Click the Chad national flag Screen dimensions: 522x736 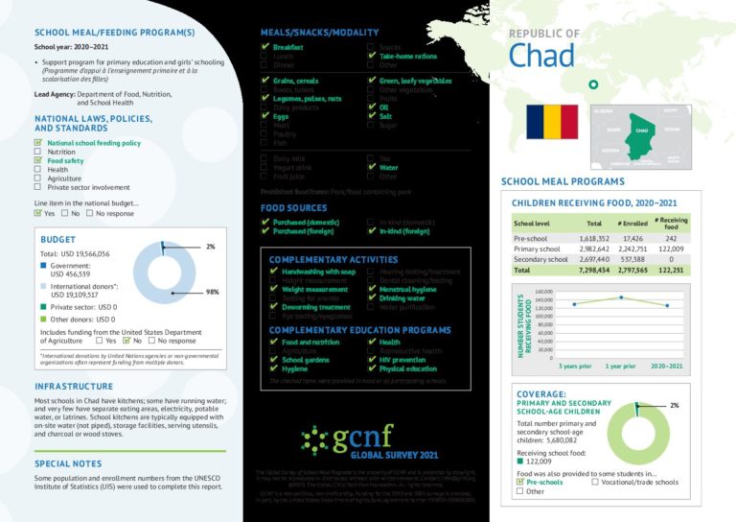click(x=551, y=122)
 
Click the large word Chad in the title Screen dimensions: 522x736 click(x=542, y=56)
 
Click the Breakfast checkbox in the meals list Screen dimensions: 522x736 click(x=264, y=47)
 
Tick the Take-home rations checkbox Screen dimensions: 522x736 click(x=371, y=57)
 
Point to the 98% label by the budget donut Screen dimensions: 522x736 click(x=213, y=292)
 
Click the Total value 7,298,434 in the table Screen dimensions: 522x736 click(x=586, y=271)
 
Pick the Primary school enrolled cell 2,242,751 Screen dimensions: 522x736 click(x=631, y=249)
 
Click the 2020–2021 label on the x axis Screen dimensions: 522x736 click(x=667, y=367)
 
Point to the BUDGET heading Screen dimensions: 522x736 click(x=57, y=239)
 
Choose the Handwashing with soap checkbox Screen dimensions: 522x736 click(x=274, y=272)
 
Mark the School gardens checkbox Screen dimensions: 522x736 click(x=274, y=360)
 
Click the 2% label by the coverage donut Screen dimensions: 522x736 click(x=674, y=405)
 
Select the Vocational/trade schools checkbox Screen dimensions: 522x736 click(x=596, y=482)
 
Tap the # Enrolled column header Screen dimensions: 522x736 click(x=632, y=224)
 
